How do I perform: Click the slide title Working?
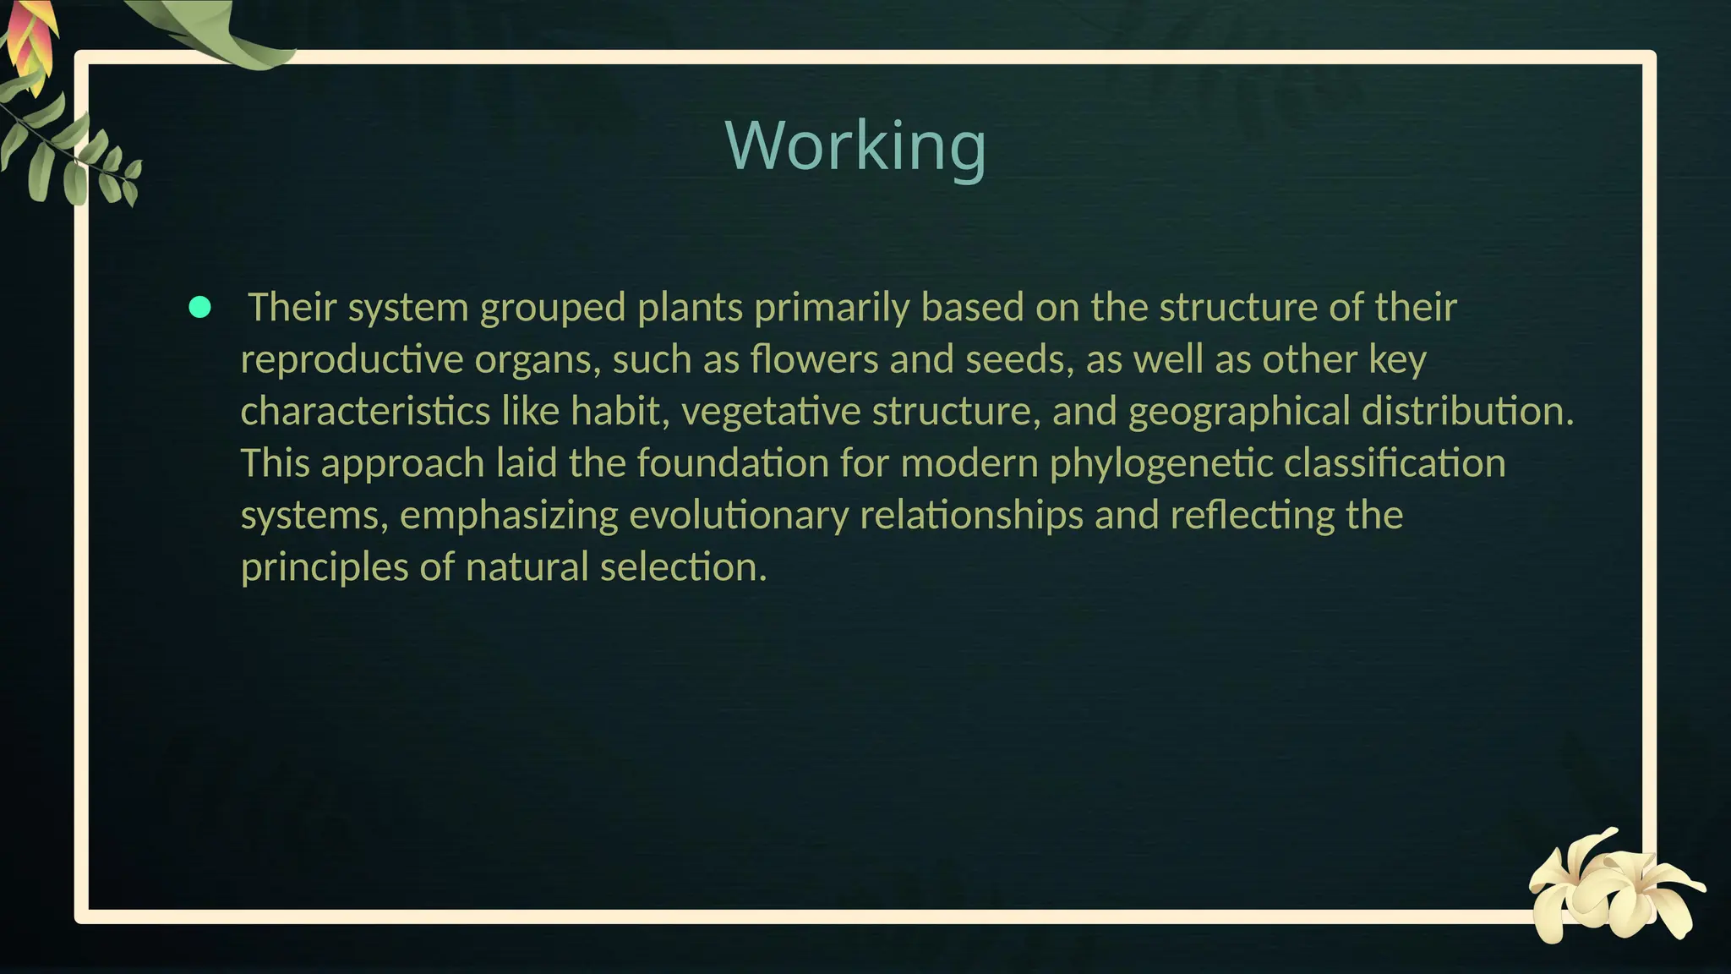coord(855,145)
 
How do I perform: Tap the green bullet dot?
coord(200,307)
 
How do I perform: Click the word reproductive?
coord(352,359)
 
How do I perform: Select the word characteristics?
coord(365,412)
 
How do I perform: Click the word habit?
coord(614,412)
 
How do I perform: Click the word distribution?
coord(1467,412)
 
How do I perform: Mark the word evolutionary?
coord(739,515)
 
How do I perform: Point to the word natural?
coord(527,567)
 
